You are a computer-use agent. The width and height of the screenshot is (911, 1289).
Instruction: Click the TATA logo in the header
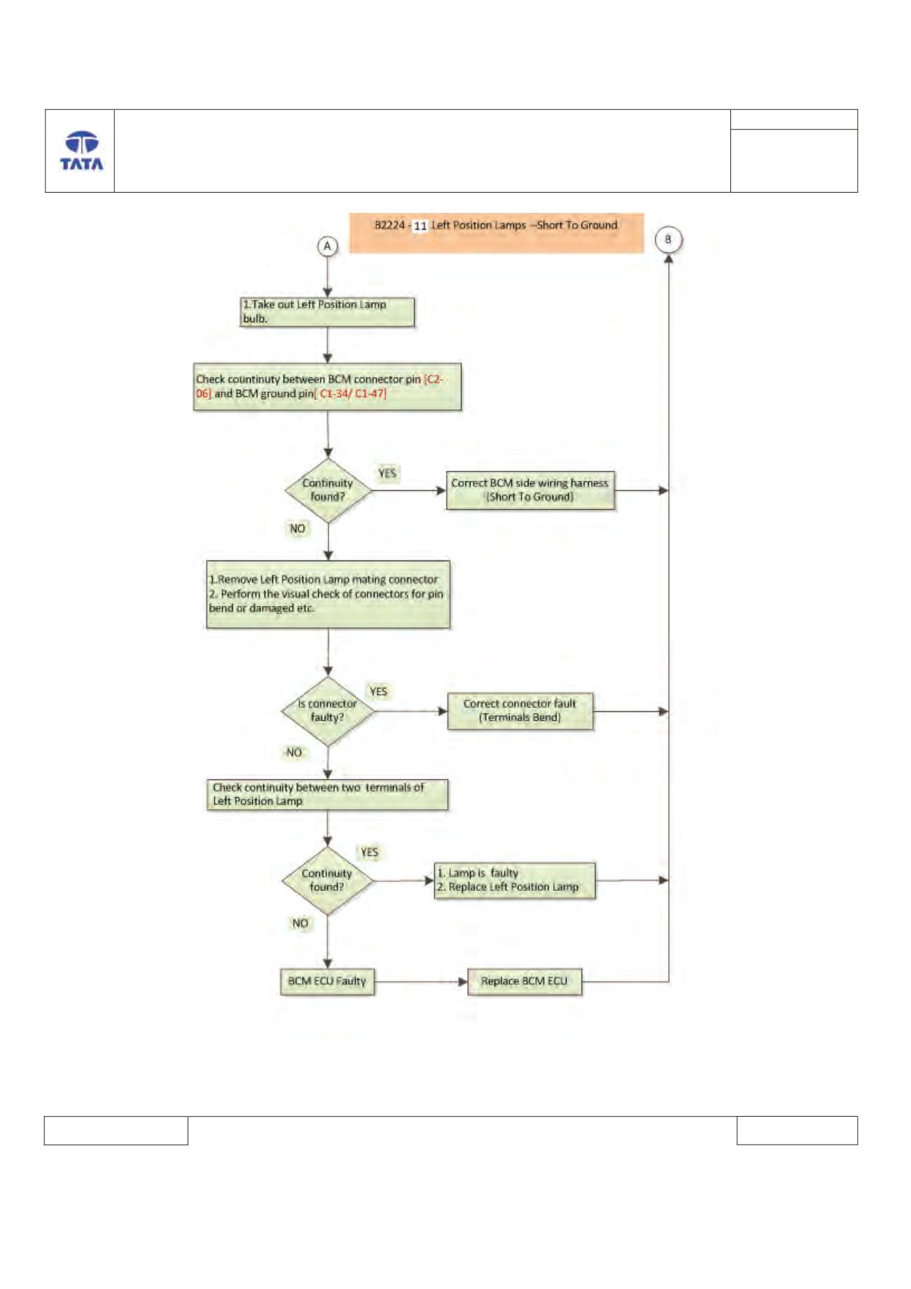click(82, 151)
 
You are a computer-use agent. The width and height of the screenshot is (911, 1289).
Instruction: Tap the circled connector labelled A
click(327, 246)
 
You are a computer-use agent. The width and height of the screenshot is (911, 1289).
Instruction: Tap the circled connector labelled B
click(668, 240)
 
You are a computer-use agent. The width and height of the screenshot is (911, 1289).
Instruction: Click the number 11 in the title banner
click(420, 226)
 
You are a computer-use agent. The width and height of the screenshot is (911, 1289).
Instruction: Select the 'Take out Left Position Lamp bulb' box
click(327, 312)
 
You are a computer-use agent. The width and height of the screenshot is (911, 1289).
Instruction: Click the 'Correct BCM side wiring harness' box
click(531, 490)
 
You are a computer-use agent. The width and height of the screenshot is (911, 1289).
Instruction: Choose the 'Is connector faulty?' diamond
click(328, 711)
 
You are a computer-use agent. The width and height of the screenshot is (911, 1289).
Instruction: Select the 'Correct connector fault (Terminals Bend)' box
click(520, 711)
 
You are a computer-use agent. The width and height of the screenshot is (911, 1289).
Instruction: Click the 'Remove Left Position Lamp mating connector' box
click(328, 594)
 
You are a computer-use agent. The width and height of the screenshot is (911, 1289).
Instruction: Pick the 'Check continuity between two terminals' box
click(327, 795)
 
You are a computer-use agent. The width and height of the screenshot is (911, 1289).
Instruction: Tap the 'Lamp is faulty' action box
click(515, 881)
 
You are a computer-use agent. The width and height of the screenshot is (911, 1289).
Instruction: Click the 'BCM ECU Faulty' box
click(327, 981)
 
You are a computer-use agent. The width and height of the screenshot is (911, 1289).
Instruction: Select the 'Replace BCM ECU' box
click(524, 981)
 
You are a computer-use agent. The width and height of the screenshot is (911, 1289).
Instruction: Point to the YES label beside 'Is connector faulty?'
click(379, 691)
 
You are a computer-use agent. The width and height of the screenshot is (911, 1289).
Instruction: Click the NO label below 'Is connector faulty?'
click(294, 752)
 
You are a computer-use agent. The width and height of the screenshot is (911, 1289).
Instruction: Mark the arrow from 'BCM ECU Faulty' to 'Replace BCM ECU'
click(421, 981)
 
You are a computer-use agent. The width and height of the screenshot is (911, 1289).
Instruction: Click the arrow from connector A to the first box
click(327, 277)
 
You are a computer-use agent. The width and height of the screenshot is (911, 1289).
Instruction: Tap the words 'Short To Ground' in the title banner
click(578, 225)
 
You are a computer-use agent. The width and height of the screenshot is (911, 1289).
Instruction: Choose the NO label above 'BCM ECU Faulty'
click(300, 923)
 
